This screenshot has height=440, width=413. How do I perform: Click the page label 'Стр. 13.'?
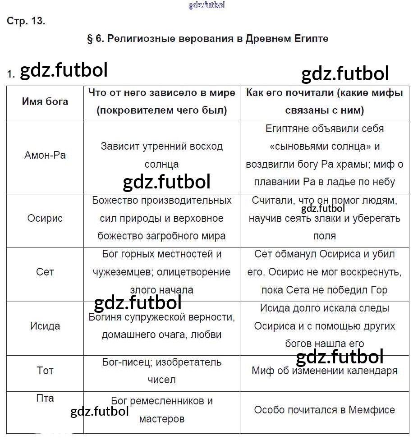tap(26, 21)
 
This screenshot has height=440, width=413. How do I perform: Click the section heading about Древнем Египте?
tap(207, 39)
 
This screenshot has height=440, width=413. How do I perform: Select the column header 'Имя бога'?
tap(45, 101)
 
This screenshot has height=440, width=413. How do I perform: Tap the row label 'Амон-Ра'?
tap(45, 156)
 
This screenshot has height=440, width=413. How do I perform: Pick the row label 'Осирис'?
tap(45, 219)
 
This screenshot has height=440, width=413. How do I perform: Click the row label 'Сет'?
tap(45, 272)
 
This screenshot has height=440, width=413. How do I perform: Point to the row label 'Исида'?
tap(45, 326)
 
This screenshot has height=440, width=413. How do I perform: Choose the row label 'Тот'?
tap(45, 371)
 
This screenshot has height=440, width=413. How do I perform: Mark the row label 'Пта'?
tap(45, 398)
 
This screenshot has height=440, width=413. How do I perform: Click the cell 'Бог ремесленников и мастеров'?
tap(162, 410)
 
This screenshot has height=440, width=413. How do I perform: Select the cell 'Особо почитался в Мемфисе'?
tap(325, 410)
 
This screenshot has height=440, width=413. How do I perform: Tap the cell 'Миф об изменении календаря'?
tap(325, 371)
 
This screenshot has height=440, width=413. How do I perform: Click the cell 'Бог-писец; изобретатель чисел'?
tap(162, 371)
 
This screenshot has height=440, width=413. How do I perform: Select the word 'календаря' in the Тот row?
tap(373, 371)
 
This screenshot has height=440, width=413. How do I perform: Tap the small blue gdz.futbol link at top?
tap(206, 5)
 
